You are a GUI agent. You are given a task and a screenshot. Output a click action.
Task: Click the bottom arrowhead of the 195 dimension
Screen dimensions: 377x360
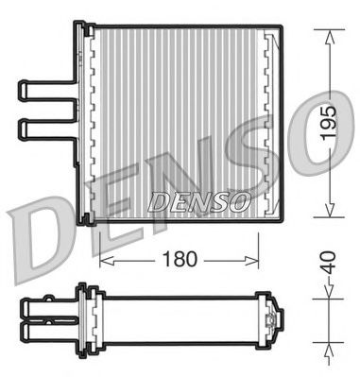pos(328,215)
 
